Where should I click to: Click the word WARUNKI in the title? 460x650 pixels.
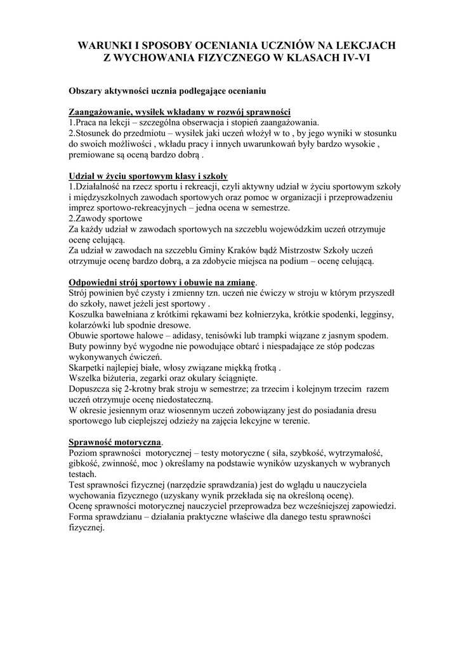pos(100,46)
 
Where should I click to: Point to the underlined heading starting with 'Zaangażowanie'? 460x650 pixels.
pos(179,112)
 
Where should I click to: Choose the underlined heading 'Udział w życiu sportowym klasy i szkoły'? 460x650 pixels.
pos(148,176)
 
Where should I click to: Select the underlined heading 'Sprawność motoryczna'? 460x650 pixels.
pos(115,442)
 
